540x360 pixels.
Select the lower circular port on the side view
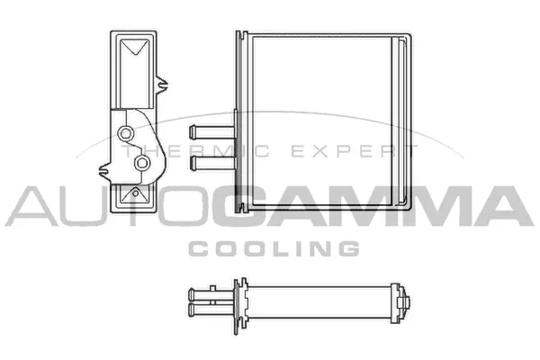tap(141, 164)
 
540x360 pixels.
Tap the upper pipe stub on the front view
tap(207, 130)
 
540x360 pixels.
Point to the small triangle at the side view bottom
tap(136, 193)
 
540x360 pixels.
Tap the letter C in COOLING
tap(196, 247)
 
